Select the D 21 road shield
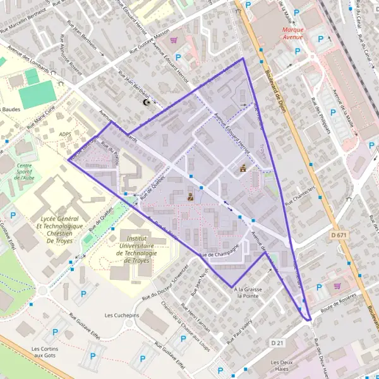(277, 342)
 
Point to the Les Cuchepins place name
(122, 315)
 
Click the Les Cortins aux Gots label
(45, 352)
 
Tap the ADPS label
(64, 135)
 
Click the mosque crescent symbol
(148, 102)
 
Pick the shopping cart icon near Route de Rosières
(337, 285)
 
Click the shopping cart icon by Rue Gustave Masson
(172, 39)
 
